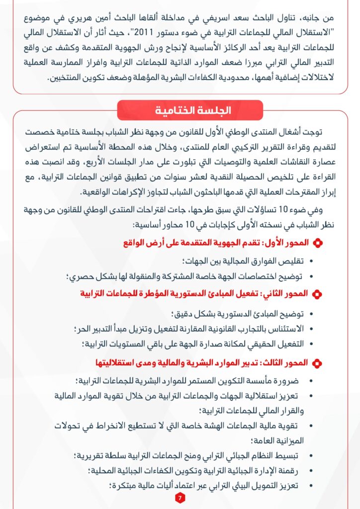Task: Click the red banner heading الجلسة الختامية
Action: tap(190, 110)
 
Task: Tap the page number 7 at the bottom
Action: tap(180, 498)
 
